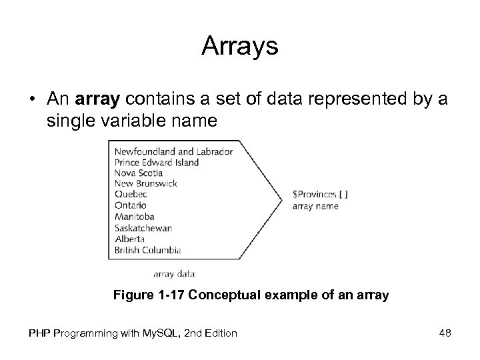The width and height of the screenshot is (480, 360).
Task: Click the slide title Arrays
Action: pyautogui.click(x=239, y=47)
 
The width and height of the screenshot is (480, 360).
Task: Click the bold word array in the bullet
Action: pyautogui.click(x=97, y=100)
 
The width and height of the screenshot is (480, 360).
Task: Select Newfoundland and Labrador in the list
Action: pyautogui.click(x=173, y=151)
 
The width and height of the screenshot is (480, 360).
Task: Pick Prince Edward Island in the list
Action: pyautogui.click(x=157, y=162)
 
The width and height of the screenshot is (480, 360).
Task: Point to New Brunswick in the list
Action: pyautogui.click(x=145, y=183)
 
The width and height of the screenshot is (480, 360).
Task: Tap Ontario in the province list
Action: pyautogui.click(x=131, y=205)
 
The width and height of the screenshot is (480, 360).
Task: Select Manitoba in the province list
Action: pyautogui.click(x=134, y=217)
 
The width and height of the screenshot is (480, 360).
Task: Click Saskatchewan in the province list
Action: pyautogui.click(x=143, y=227)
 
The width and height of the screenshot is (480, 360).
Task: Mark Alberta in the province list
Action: pyautogui.click(x=129, y=239)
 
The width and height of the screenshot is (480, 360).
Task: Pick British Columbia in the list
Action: pyautogui.click(x=147, y=250)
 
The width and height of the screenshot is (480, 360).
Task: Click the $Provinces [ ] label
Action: pyautogui.click(x=320, y=195)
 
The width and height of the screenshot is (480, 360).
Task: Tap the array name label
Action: pyautogui.click(x=315, y=206)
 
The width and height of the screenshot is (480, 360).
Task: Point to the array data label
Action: pyautogui.click(x=173, y=273)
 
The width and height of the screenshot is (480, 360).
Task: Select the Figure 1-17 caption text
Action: pyautogui.click(x=251, y=294)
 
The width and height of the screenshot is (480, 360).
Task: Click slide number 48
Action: pyautogui.click(x=445, y=332)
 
